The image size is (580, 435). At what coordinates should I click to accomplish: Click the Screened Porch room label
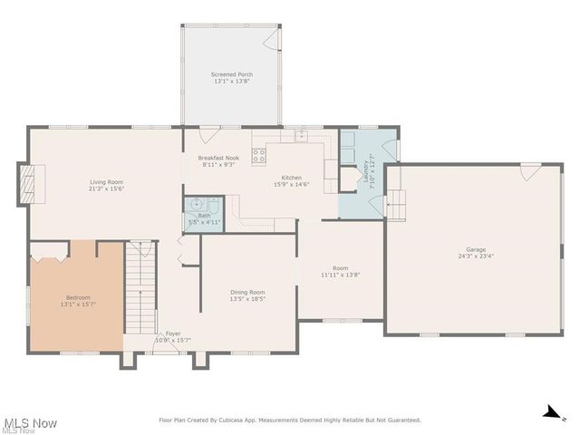pyautogui.click(x=232, y=74)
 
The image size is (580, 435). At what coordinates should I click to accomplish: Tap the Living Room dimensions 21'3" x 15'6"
pyautogui.click(x=107, y=188)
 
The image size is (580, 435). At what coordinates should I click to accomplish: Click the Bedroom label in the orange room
pyautogui.click(x=78, y=297)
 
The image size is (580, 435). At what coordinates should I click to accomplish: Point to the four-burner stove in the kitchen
pyautogui.click(x=259, y=156)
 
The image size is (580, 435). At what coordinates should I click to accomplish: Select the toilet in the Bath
pyautogui.click(x=212, y=204)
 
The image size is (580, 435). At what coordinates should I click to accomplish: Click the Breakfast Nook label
pyautogui.click(x=218, y=158)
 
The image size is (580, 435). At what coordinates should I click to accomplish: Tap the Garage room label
pyautogui.click(x=476, y=249)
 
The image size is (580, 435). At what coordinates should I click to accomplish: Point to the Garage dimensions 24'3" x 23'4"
pyautogui.click(x=476, y=256)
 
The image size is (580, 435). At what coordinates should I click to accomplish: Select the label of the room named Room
pyautogui.click(x=340, y=268)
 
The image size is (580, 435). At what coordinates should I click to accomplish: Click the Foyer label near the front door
pyautogui.click(x=172, y=333)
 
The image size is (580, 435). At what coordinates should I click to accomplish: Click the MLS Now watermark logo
pyautogui.click(x=30, y=422)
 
